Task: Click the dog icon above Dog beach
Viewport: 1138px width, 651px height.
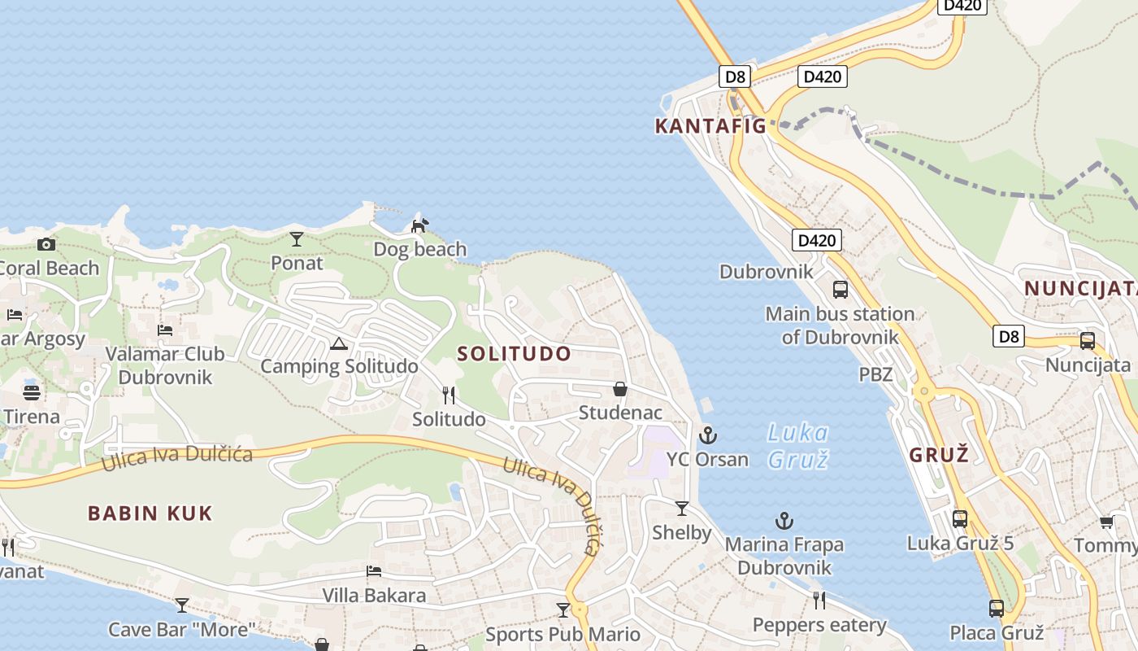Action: coord(419,225)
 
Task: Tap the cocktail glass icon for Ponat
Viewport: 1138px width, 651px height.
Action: coord(297,239)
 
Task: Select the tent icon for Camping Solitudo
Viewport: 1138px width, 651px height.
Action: coord(339,343)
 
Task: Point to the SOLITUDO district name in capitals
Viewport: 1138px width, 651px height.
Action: coord(514,354)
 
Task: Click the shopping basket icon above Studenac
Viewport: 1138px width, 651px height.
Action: coord(620,390)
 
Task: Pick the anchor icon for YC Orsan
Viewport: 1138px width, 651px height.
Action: coord(708,435)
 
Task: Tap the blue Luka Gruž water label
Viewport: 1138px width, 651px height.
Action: coord(797,446)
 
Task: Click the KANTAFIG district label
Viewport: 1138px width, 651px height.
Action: coord(710,126)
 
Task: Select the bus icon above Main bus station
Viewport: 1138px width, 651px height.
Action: coord(840,290)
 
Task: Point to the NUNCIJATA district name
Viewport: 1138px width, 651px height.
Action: coord(1079,288)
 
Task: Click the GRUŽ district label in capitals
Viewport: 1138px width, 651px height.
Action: coord(939,455)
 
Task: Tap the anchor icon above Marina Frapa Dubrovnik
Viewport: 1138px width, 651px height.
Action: coord(784,521)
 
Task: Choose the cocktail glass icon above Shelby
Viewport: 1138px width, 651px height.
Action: coord(682,509)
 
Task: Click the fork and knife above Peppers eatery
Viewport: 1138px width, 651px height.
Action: coord(819,601)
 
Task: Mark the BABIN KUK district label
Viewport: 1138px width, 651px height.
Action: coord(150,513)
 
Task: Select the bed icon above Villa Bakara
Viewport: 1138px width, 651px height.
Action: coord(374,571)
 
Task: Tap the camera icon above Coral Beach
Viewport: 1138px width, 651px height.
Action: coord(46,244)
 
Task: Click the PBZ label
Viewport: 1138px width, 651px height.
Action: coord(875,375)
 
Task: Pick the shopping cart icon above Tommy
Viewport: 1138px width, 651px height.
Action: coord(1106,522)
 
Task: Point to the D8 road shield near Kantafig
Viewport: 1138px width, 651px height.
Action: coord(735,77)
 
